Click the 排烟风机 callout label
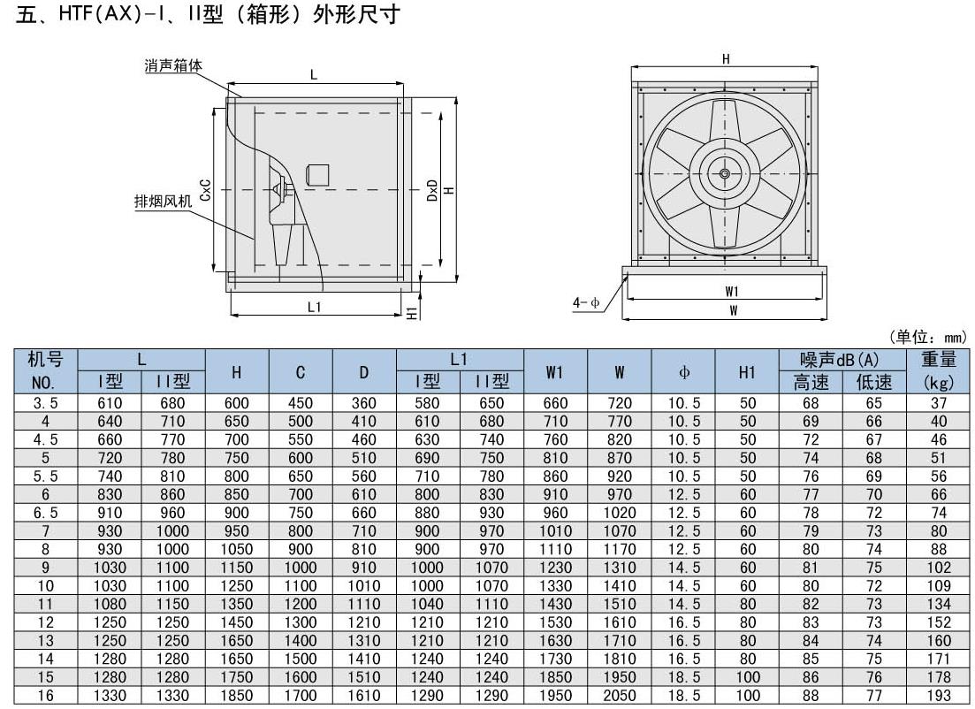(x=162, y=201)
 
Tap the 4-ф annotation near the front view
(x=586, y=302)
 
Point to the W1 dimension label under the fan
(x=732, y=290)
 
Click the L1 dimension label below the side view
(x=314, y=306)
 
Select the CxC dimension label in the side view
(x=205, y=189)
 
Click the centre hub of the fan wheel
(x=725, y=173)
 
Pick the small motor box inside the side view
(x=316, y=174)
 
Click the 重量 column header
(x=939, y=359)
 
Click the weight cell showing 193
(x=939, y=696)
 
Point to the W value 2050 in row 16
(x=620, y=696)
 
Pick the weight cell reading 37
(x=939, y=402)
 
